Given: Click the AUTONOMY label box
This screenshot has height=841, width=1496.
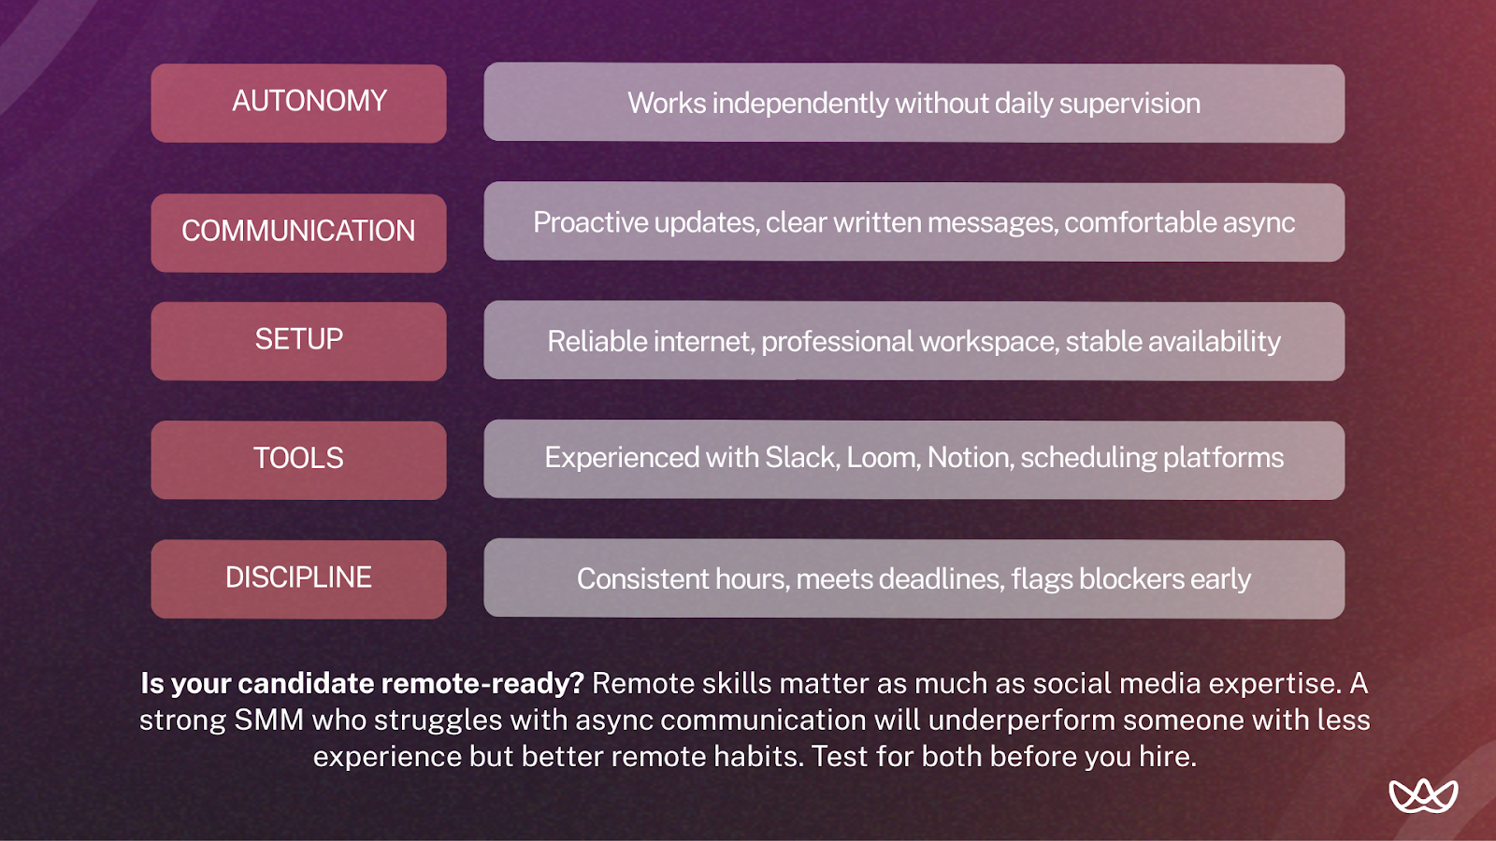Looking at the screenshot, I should pos(298,103).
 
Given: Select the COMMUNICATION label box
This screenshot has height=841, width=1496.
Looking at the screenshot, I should pos(298,233).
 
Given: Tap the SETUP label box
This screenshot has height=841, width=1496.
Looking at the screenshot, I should pos(298,340).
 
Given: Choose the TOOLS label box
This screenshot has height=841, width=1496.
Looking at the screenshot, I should pos(298,459).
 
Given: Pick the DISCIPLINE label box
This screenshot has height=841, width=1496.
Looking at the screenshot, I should pos(298,578).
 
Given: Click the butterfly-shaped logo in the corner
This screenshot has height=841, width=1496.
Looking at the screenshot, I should pos(1423,795).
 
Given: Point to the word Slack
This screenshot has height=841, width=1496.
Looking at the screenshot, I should pos(801,458).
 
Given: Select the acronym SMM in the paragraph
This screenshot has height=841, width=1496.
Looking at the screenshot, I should pos(268,720).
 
